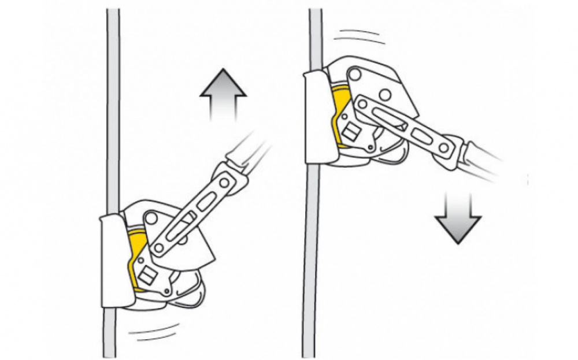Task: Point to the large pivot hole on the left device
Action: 151,218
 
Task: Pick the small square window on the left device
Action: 147,272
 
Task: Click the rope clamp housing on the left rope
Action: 113,260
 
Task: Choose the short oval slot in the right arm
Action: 422,136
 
